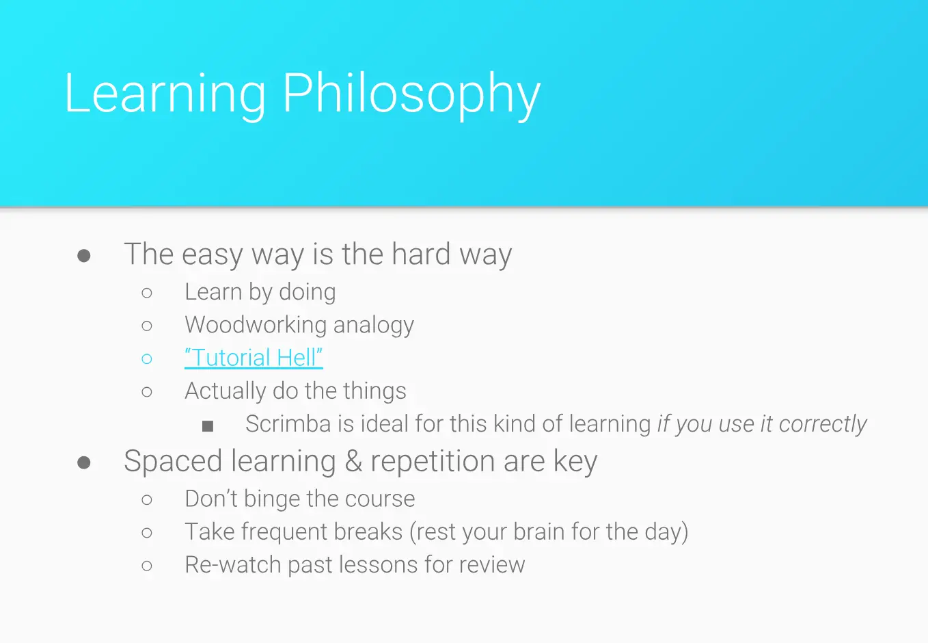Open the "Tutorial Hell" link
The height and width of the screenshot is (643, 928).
click(x=254, y=357)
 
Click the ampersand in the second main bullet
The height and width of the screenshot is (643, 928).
click(x=353, y=461)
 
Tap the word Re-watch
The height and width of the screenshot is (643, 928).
click(x=233, y=564)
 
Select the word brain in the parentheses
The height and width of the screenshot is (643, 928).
click(x=539, y=532)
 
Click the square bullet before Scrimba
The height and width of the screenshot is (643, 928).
click(x=208, y=426)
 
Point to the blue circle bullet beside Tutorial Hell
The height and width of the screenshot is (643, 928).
click(x=147, y=358)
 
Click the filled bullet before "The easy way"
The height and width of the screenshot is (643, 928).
click(x=83, y=255)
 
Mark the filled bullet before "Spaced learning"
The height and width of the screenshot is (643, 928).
click(x=83, y=462)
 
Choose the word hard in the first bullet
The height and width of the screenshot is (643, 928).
click(x=421, y=254)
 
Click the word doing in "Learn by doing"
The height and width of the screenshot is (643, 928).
click(x=308, y=293)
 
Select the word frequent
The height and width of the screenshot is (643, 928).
click(x=284, y=532)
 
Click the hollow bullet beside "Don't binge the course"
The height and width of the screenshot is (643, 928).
click(x=147, y=499)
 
